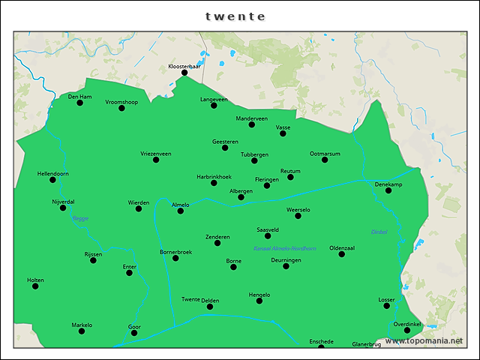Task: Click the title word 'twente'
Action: click(235, 16)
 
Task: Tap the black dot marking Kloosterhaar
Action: click(184, 73)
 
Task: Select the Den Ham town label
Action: click(79, 96)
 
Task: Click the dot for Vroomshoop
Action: click(121, 108)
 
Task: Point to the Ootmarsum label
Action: click(325, 153)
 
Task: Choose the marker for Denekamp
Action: click(388, 190)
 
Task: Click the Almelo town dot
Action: click(181, 211)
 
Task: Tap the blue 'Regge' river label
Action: click(80, 218)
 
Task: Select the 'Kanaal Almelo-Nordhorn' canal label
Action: click(285, 248)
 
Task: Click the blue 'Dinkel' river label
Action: click(379, 232)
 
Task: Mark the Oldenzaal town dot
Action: click(341, 254)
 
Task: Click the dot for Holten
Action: click(35, 286)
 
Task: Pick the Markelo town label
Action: click(82, 325)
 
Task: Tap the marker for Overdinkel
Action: click(407, 330)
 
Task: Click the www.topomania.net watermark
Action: click(424, 341)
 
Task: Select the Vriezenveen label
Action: click(156, 153)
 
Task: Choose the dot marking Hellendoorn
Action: click(52, 180)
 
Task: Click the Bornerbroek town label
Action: click(176, 252)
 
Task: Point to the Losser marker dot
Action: click(387, 306)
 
